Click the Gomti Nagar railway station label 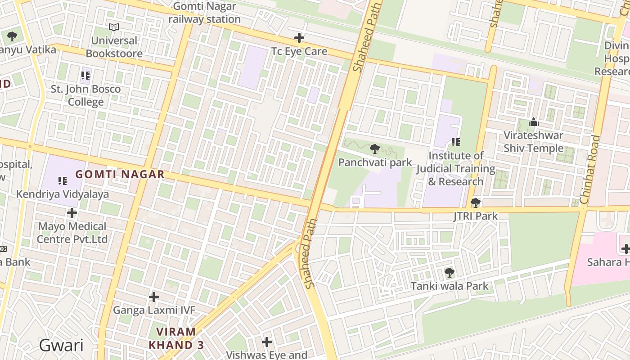[x=204, y=13]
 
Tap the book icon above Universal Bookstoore [x=114, y=27]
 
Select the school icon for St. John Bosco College [x=85, y=76]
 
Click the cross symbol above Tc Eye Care [x=299, y=38]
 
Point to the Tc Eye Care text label [x=299, y=51]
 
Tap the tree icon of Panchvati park [x=374, y=149]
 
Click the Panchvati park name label [x=375, y=162]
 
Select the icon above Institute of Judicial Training [x=455, y=142]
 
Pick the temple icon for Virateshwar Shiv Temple [x=534, y=122]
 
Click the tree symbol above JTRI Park [x=475, y=203]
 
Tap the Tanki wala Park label [x=449, y=286]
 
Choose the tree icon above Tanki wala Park [x=449, y=272]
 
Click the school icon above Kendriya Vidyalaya [x=63, y=181]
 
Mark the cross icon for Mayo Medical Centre [x=72, y=213]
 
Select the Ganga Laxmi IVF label [x=154, y=310]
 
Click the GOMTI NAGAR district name [x=120, y=175]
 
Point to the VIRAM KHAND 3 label [x=176, y=338]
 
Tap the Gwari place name [x=61, y=346]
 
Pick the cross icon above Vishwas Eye [x=267, y=342]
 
